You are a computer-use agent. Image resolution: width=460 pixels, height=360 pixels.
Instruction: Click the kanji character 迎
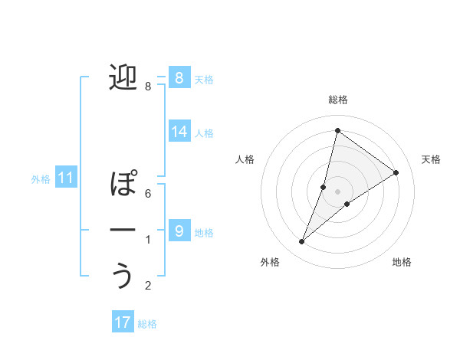coord(123,78)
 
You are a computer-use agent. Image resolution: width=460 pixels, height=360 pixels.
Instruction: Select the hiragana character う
coord(123,277)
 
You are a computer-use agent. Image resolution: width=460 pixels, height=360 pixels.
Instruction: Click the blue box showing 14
coord(179,132)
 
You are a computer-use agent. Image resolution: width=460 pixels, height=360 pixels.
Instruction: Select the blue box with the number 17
coord(122,322)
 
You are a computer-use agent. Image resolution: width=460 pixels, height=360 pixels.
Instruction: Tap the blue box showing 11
coord(65,178)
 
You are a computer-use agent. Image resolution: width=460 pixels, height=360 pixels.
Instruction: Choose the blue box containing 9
coord(179,231)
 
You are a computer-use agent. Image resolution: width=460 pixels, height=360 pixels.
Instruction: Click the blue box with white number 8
coord(179,77)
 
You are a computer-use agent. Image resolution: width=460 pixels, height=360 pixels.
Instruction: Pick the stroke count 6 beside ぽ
coord(148,194)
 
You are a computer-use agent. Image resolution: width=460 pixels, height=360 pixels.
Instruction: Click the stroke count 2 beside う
coord(148,286)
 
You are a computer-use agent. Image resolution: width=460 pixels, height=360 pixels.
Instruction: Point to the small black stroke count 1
coord(148,241)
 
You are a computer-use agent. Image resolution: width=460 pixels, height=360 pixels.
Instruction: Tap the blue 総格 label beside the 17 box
coord(147,324)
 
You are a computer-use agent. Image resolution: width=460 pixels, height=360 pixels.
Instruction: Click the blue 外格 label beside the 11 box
coord(41,179)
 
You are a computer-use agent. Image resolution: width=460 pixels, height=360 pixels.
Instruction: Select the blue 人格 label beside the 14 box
coord(204,133)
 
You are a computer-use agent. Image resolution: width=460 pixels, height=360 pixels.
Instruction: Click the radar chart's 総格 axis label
coord(338,100)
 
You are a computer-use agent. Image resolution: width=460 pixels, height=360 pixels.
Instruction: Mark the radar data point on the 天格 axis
coord(396,173)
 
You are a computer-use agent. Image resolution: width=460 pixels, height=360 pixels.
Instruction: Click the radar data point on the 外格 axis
coord(302,242)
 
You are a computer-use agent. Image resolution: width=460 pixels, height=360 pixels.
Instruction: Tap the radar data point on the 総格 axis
coord(337,131)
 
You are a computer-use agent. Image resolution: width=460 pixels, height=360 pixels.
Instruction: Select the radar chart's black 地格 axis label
coord(402,262)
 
